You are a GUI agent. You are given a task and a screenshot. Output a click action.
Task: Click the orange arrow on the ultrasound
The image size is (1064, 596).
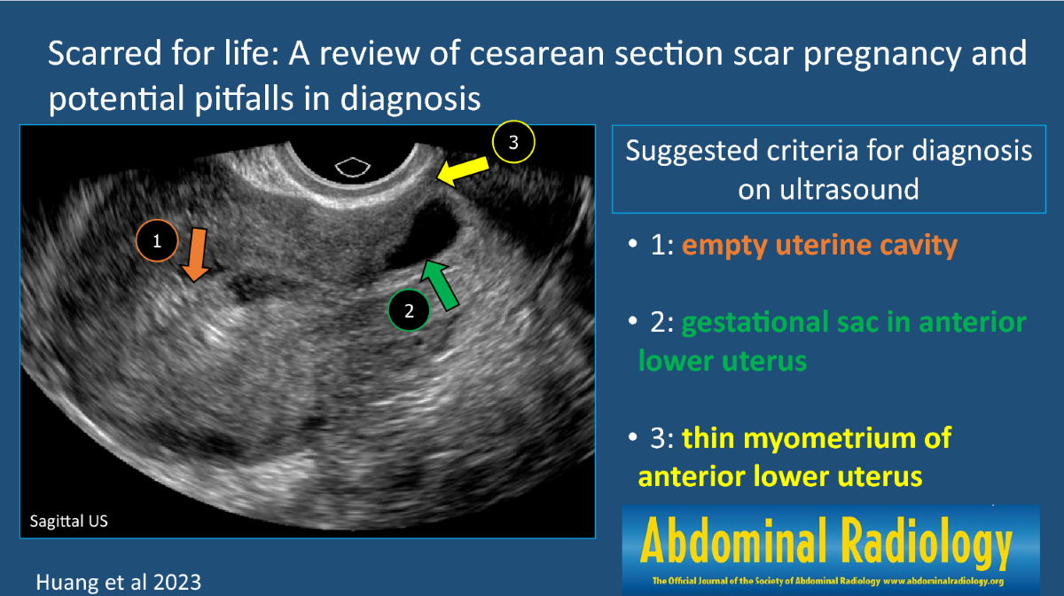(195, 255)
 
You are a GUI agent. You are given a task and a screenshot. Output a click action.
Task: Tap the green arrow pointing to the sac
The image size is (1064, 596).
(440, 285)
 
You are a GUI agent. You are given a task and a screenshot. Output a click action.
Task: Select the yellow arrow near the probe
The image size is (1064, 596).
(463, 171)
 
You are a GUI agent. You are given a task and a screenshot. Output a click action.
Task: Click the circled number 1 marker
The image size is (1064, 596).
(157, 241)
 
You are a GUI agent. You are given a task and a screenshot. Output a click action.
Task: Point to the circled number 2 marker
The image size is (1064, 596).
(409, 310)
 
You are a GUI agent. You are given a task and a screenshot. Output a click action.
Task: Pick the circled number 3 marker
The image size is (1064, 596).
(513, 142)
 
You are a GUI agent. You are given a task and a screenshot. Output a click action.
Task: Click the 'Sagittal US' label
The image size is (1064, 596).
(69, 521)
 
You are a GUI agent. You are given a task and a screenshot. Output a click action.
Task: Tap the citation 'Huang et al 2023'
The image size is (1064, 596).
(119, 582)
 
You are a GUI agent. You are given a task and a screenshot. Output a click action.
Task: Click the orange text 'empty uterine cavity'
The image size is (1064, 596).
(819, 246)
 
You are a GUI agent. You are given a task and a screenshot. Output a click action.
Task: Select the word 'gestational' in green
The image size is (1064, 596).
(755, 323)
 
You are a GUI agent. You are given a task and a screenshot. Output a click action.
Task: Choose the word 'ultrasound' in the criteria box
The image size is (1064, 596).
(828, 189)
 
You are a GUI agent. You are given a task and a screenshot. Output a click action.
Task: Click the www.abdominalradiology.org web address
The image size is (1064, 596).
(943, 581)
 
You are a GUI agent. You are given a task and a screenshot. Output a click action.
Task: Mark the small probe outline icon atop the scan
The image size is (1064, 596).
(353, 167)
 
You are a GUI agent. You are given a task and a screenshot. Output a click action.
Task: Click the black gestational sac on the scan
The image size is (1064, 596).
(424, 234)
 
